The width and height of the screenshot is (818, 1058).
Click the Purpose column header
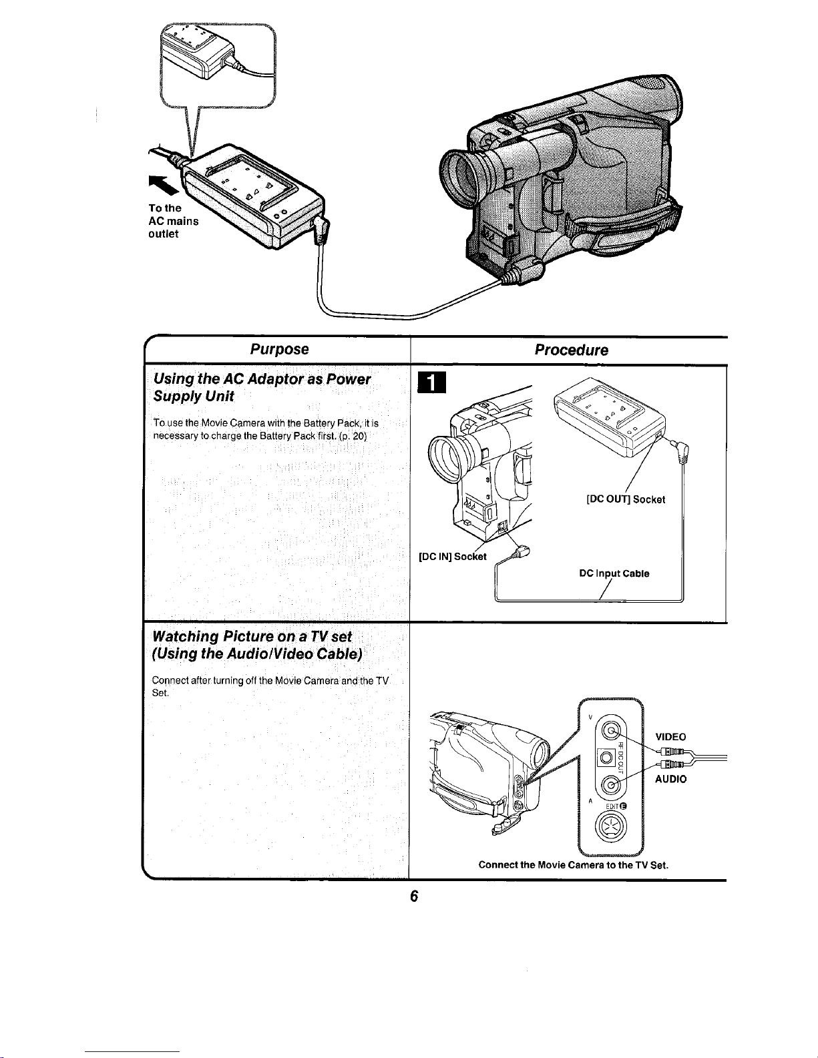pyautogui.click(x=280, y=350)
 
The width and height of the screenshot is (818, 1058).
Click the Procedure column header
pyautogui.click(x=572, y=350)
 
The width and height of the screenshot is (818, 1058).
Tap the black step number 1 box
pyautogui.click(x=432, y=382)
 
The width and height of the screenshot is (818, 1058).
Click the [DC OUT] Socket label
pyautogui.click(x=626, y=499)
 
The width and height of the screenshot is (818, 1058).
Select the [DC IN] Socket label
pyautogui.click(x=453, y=557)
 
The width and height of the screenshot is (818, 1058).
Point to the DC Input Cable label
pyautogui.click(x=614, y=573)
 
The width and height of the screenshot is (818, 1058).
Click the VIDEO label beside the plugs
pyautogui.click(x=670, y=737)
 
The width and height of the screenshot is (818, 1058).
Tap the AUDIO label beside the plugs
pyautogui.click(x=670, y=779)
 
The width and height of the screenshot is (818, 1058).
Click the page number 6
pyautogui.click(x=414, y=896)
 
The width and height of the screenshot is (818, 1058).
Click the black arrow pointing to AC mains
pyautogui.click(x=162, y=184)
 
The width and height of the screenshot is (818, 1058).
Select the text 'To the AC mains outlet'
pyautogui.click(x=174, y=221)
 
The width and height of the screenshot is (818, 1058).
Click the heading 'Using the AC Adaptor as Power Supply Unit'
pyautogui.click(x=262, y=388)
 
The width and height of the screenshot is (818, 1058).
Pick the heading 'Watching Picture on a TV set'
pyautogui.click(x=252, y=636)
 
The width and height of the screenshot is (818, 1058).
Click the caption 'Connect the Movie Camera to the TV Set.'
pyautogui.click(x=573, y=864)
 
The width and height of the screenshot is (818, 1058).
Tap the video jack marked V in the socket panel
pyautogui.click(x=610, y=730)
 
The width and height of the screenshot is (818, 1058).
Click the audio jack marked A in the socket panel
pyautogui.click(x=610, y=784)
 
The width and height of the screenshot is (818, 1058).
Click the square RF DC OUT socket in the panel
pyautogui.click(x=607, y=758)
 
